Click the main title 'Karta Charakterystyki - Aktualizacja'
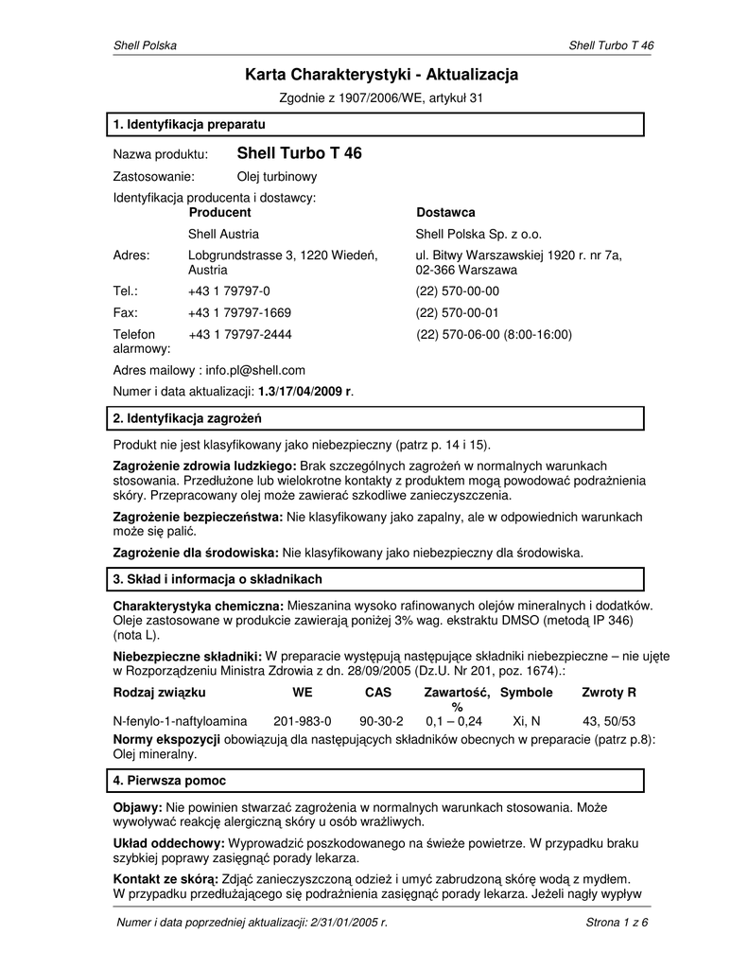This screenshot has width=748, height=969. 382,74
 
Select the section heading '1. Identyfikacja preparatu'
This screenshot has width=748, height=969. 189,124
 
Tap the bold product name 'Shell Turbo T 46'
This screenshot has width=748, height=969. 299,153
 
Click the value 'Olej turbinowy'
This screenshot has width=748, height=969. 276,176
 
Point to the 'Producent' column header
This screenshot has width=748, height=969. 219,213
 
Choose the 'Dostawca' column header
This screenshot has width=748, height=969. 445,213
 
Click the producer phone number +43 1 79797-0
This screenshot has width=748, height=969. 229,291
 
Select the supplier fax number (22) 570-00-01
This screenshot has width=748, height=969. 458,312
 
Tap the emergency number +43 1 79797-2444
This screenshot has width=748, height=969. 239,334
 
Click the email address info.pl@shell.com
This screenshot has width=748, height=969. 255,371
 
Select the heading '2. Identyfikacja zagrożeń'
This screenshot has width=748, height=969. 187,418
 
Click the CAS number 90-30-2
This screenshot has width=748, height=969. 381,721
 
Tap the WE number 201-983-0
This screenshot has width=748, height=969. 302,721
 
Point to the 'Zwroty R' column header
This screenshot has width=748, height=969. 609,693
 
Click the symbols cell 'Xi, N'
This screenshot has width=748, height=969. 526,721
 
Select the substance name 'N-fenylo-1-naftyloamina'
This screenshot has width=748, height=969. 180,721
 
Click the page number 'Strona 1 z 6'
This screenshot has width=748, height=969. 617,924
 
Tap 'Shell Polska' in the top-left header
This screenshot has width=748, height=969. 145,45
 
